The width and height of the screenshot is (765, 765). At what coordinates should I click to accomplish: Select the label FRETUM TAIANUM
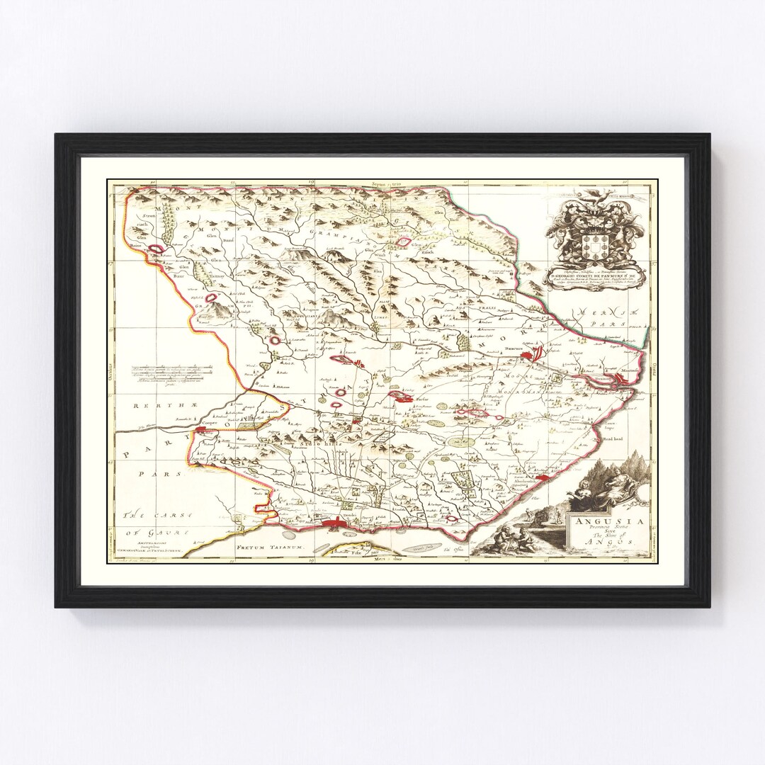click(269, 548)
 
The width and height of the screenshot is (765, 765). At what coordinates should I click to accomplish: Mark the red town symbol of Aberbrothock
click(542, 479)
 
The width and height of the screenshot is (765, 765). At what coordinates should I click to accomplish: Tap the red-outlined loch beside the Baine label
click(160, 247)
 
